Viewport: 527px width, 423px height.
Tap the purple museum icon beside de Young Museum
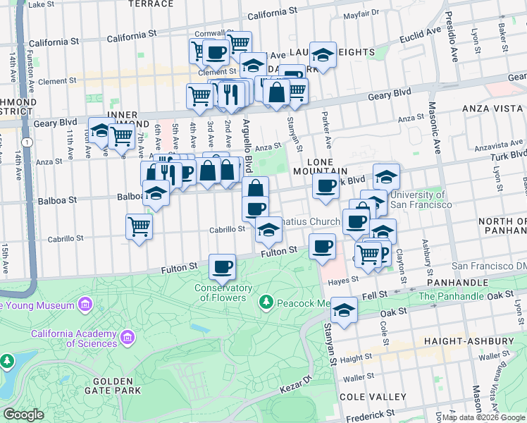tap(86, 305)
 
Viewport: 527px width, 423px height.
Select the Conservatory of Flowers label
tap(224, 293)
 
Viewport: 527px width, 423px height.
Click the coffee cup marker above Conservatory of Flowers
tap(223, 267)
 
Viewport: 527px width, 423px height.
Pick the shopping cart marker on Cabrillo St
tap(139, 227)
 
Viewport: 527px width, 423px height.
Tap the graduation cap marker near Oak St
tap(344, 310)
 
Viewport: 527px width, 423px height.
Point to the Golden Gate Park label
tap(113, 385)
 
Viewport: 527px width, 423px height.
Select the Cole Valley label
tap(372, 397)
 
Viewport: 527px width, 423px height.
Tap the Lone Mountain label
tap(328, 166)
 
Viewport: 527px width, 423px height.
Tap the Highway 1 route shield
tap(25, 142)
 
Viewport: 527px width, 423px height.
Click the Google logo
tap(23, 415)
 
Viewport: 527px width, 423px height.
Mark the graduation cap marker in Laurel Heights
tap(323, 56)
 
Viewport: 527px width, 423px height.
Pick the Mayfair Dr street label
tap(361, 13)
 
